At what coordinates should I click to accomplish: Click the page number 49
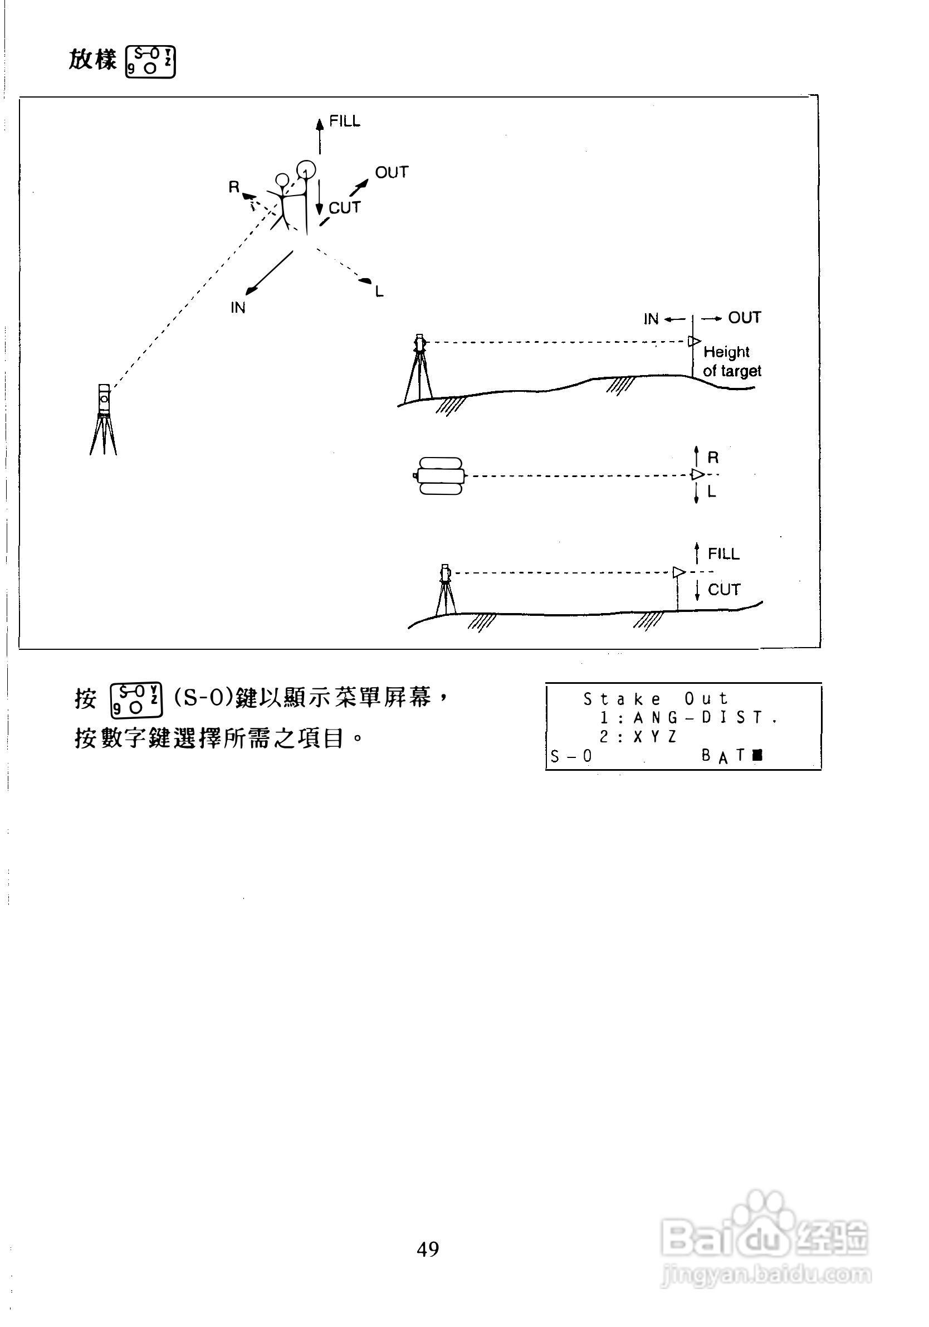pyautogui.click(x=428, y=1248)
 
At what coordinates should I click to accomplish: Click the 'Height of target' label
pyautogui.click(x=731, y=361)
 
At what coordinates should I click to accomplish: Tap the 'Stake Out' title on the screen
pyautogui.click(x=655, y=699)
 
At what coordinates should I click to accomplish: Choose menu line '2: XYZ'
pyautogui.click(x=638, y=737)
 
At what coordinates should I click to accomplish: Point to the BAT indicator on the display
pyautogui.click(x=731, y=755)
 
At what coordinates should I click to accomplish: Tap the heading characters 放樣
pyautogui.click(x=92, y=60)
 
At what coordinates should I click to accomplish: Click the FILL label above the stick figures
pyautogui.click(x=344, y=121)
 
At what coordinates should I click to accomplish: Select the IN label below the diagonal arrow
pyautogui.click(x=238, y=308)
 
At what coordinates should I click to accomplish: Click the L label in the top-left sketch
pyautogui.click(x=379, y=292)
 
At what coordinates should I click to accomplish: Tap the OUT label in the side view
pyautogui.click(x=744, y=318)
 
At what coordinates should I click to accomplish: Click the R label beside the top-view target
pyautogui.click(x=713, y=458)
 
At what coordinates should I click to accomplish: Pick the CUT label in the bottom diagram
pyautogui.click(x=724, y=590)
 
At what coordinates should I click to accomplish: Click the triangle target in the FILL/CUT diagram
pyautogui.click(x=679, y=572)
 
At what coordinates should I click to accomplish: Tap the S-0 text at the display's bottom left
pyautogui.click(x=571, y=756)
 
